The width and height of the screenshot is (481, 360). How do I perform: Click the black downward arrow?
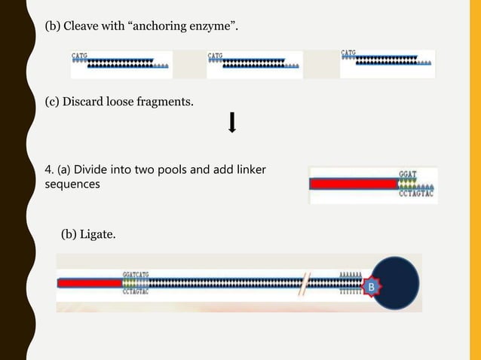pos(232,123)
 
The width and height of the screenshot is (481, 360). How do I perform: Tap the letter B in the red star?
pos(370,286)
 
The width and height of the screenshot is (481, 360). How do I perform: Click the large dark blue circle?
pos(394,282)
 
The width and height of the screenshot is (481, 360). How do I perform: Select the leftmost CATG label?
pos(79,55)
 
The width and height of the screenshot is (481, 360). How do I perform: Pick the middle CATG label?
pos(215,55)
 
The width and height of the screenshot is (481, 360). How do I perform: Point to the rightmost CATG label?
pos(349,53)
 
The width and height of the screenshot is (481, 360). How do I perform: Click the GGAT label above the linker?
pos(407,174)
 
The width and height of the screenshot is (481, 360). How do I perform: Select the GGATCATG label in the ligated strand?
pos(136,275)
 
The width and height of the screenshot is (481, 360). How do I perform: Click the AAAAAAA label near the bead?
pos(351,276)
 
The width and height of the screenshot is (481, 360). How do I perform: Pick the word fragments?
pos(164,100)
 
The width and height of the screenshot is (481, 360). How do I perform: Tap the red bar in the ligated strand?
pos(89,284)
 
